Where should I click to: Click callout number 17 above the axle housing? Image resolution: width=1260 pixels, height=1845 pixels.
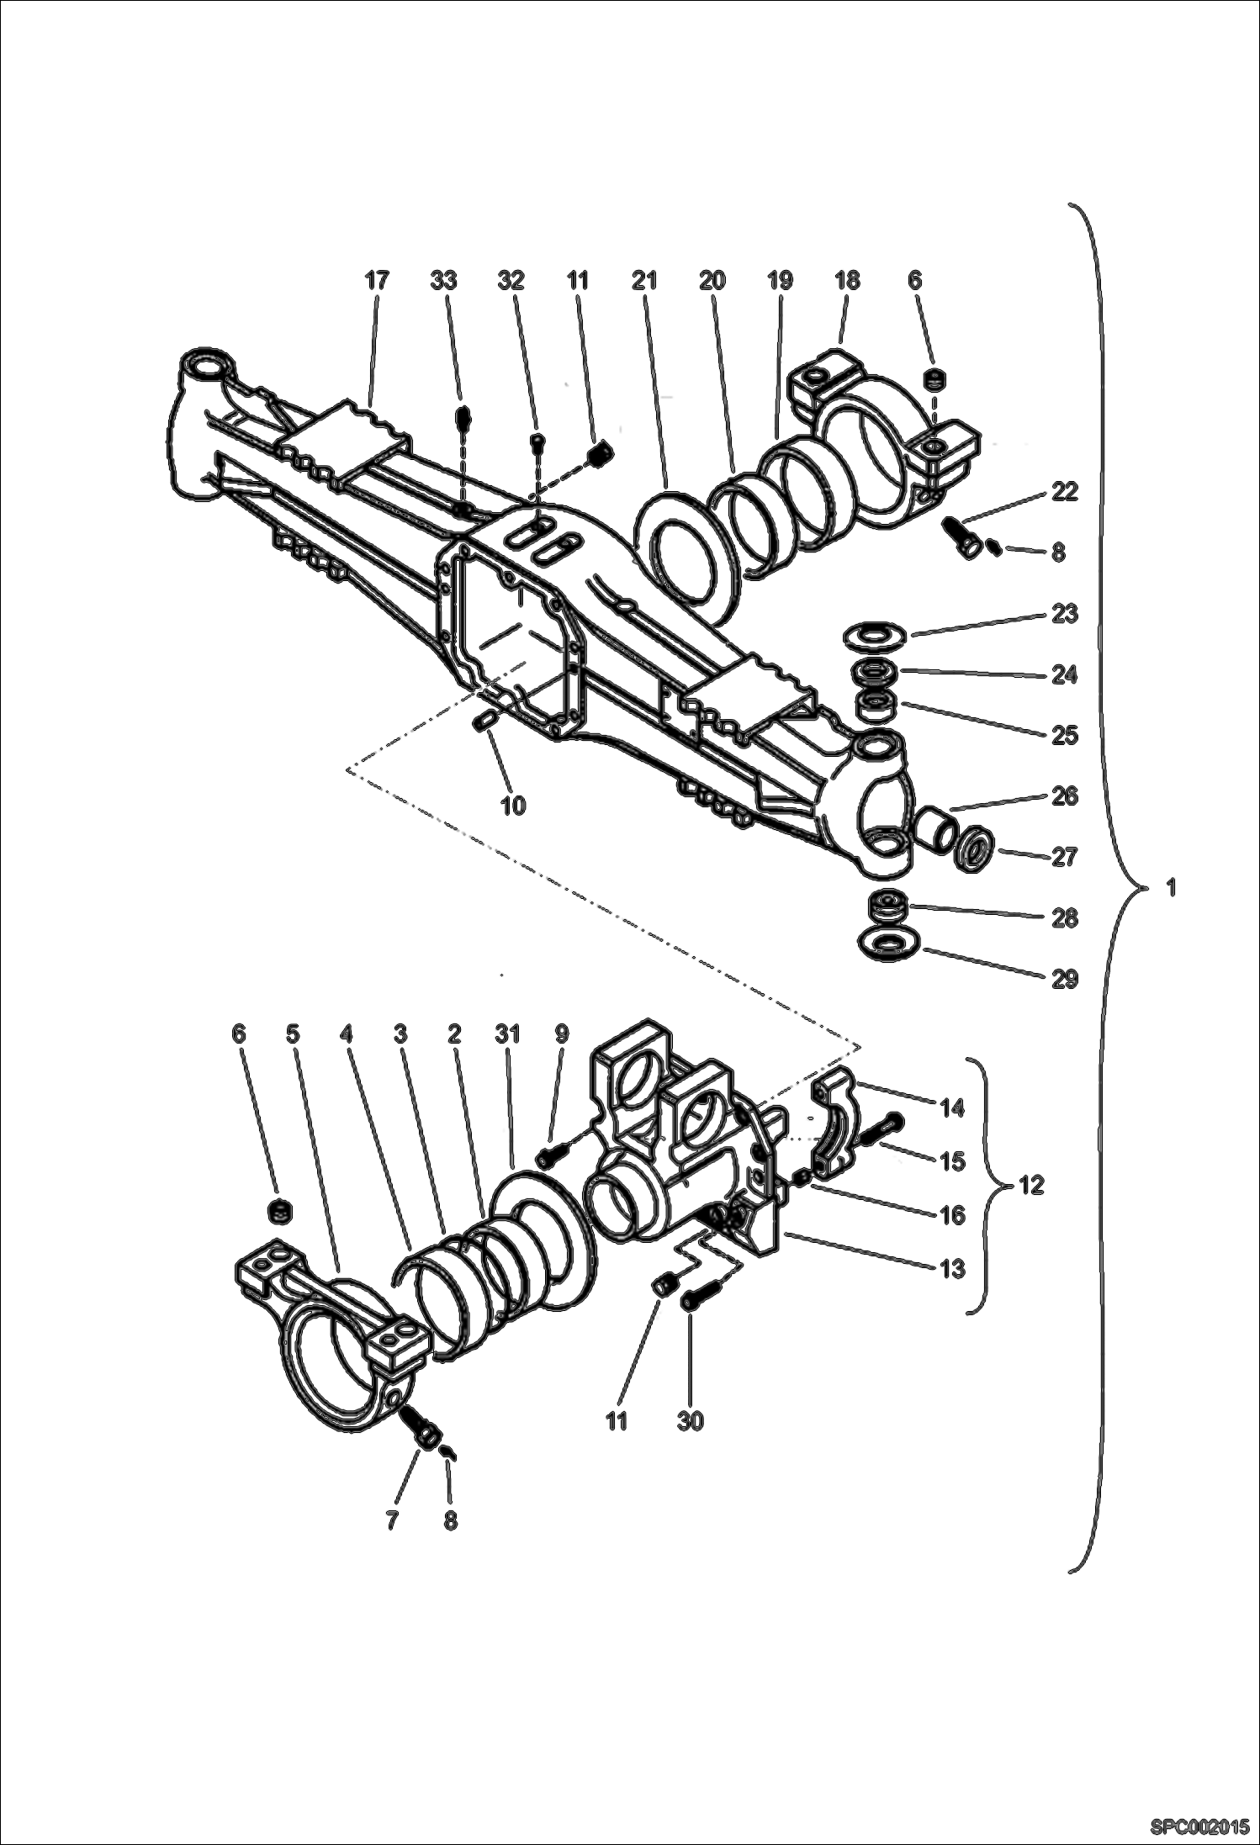tap(377, 281)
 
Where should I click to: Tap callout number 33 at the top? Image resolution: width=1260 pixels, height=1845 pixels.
tap(443, 281)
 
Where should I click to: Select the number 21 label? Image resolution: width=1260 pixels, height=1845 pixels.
tap(644, 281)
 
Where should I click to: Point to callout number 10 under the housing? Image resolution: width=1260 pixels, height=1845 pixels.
tap(512, 805)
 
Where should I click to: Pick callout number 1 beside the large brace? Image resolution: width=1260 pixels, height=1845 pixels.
tap(1172, 886)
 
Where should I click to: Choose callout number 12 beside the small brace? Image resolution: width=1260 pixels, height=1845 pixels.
tap(1031, 1185)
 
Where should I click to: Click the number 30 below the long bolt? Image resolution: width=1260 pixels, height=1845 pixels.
tap(691, 1420)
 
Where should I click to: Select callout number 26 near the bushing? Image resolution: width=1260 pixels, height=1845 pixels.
tap(1064, 796)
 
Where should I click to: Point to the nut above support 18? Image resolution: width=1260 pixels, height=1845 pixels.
tap(933, 380)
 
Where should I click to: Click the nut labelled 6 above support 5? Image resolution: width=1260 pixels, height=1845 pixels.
tap(279, 1212)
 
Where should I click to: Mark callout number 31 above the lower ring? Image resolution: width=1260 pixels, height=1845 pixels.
tap(508, 1034)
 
